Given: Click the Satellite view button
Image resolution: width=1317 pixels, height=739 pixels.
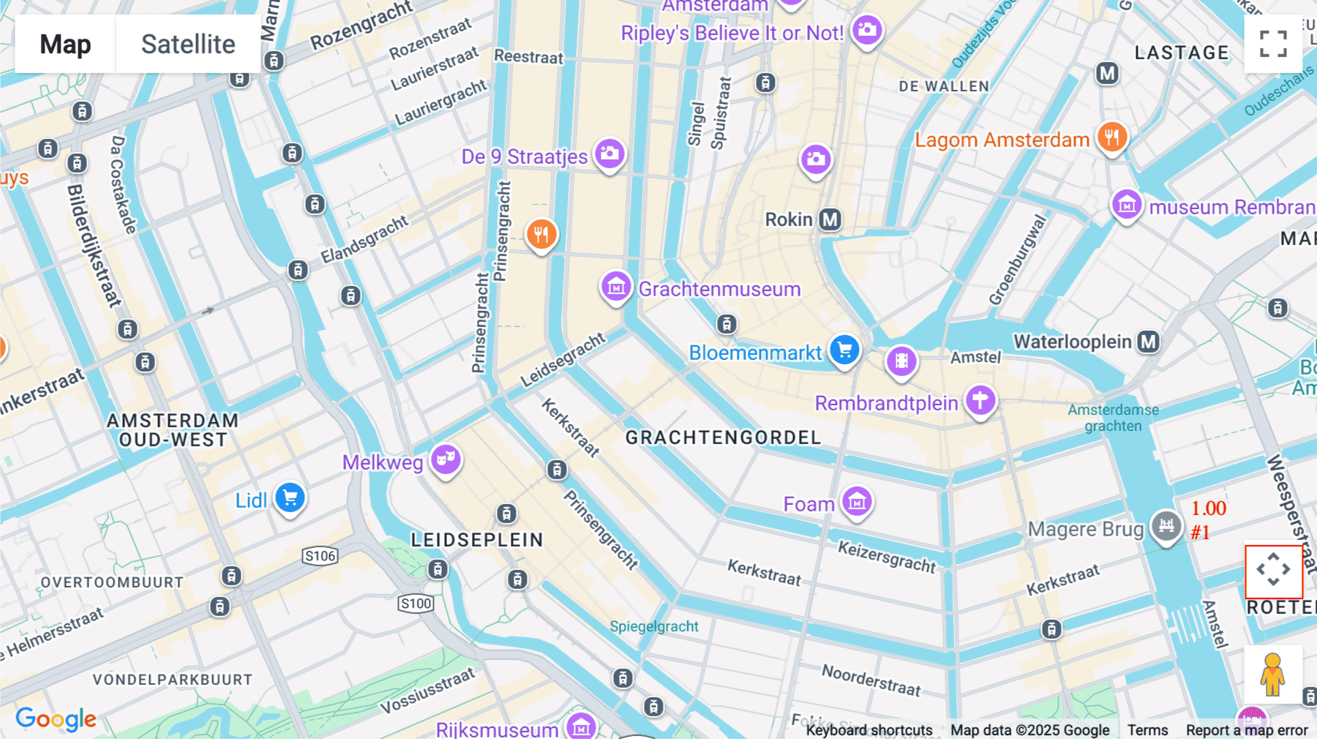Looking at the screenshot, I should tap(188, 45).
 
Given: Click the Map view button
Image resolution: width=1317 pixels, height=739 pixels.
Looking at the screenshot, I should tap(66, 45).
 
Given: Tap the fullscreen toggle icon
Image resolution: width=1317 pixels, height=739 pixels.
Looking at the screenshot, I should tap(1273, 44).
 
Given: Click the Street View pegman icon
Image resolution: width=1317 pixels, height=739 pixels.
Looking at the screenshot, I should tap(1272, 675).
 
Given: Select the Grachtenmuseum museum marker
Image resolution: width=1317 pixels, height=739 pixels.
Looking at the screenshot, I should tap(616, 287).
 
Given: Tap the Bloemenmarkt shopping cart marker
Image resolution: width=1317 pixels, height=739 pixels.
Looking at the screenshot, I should tap(844, 350).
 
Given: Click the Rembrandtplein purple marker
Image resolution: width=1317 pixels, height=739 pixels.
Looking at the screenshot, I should tap(980, 400).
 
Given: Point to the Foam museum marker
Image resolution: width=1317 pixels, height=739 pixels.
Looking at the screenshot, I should tap(857, 502).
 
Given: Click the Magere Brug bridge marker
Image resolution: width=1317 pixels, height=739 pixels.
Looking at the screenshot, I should tap(1166, 525).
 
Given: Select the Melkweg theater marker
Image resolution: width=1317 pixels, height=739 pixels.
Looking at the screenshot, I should tap(445, 459).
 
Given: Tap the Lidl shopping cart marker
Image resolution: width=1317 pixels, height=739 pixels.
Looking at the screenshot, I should tap(290, 498).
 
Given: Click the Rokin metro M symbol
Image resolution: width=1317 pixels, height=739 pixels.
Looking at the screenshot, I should tap(830, 220).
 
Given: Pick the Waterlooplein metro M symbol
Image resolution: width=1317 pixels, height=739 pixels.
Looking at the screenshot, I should tap(1148, 342).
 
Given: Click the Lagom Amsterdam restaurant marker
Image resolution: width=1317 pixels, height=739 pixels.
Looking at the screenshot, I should tap(1111, 137).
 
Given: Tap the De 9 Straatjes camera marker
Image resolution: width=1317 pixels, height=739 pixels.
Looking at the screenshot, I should tap(609, 154).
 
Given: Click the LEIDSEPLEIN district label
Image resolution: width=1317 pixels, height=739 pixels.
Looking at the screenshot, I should tap(477, 540).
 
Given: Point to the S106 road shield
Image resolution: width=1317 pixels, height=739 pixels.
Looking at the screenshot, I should tap(320, 556).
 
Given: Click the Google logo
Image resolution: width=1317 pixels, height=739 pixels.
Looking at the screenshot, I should tap(56, 719).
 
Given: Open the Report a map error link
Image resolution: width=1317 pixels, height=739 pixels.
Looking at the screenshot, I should tap(1247, 730).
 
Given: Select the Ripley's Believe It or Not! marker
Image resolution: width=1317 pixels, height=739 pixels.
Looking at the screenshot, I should tap(867, 30).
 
